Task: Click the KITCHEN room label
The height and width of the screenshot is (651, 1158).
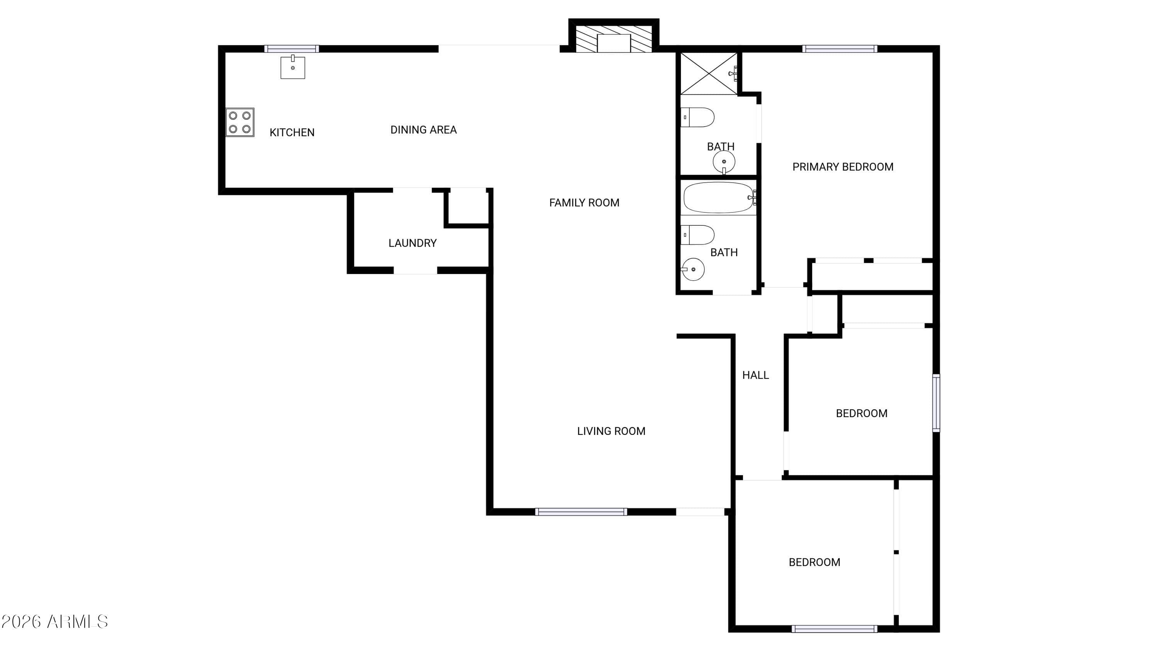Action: (x=292, y=132)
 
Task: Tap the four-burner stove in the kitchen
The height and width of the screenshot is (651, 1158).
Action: (x=240, y=122)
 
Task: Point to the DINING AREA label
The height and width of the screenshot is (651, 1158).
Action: (x=423, y=130)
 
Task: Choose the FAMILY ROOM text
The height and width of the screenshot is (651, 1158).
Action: (x=584, y=203)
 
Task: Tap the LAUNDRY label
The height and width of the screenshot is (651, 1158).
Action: (x=412, y=243)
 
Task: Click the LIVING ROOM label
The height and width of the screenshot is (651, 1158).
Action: (x=611, y=431)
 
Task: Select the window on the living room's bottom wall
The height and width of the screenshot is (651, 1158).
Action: (x=581, y=512)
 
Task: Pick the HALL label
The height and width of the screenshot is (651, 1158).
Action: (x=755, y=375)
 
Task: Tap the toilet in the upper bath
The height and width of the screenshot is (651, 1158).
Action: (x=697, y=117)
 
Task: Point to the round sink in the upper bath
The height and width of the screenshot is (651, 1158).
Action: (x=724, y=162)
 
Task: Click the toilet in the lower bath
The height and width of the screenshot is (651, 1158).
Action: (x=697, y=235)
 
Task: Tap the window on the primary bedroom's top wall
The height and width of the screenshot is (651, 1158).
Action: (x=840, y=49)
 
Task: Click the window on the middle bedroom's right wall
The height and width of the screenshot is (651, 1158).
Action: (x=936, y=403)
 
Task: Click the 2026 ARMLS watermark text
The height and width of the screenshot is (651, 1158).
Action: (x=54, y=622)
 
